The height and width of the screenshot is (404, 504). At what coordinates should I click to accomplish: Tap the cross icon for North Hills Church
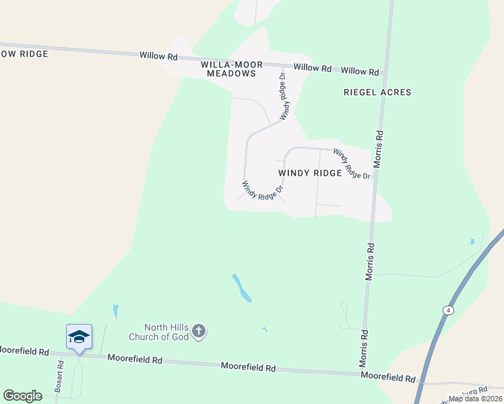198,331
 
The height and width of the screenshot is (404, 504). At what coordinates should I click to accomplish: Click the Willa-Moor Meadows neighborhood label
229,69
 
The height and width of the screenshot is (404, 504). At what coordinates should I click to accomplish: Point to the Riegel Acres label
377,92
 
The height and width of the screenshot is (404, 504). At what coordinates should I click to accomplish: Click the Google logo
23,396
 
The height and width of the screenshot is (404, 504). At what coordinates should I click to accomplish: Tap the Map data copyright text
475,399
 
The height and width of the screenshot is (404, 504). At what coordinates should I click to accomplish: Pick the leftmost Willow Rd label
158,56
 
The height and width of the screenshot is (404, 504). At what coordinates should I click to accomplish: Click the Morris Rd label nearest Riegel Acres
379,148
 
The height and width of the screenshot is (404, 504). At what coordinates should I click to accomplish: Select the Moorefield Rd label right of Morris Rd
388,378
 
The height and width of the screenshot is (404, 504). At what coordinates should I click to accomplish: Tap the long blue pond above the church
242,288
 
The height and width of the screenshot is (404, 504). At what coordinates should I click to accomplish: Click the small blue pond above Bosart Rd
116,312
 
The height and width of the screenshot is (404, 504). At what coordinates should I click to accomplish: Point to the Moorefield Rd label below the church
249,368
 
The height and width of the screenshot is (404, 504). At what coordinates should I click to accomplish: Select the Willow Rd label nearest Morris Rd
360,71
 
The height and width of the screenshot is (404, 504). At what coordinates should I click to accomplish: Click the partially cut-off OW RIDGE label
24,54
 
